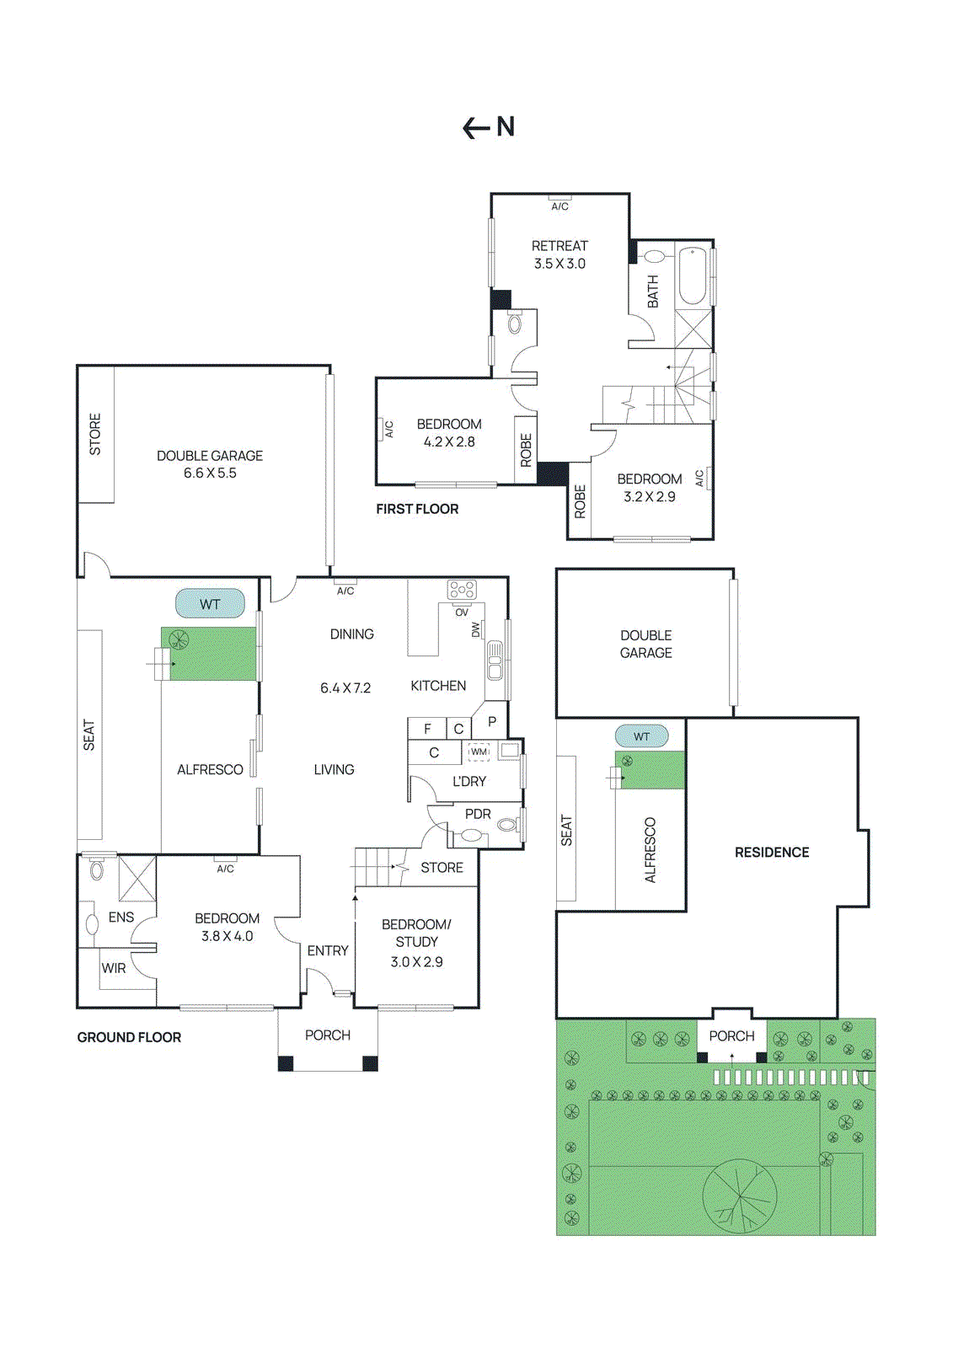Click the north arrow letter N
pyautogui.click(x=506, y=127)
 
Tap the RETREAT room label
pyautogui.click(x=559, y=246)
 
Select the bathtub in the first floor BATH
pyautogui.click(x=693, y=275)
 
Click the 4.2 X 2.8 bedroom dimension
pyautogui.click(x=449, y=441)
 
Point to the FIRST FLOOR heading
pyautogui.click(x=417, y=509)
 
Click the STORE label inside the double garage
pyautogui.click(x=95, y=435)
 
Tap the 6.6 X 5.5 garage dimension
pyautogui.click(x=210, y=473)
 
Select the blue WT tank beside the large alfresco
pyautogui.click(x=210, y=604)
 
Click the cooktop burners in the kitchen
pyautogui.click(x=462, y=590)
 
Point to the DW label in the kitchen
pyautogui.click(x=475, y=629)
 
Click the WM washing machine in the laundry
pyautogui.click(x=479, y=752)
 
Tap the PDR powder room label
pyautogui.click(x=478, y=814)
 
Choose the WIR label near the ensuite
pyautogui.click(x=114, y=968)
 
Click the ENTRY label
pyautogui.click(x=328, y=950)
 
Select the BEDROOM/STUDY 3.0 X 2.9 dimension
pyautogui.click(x=416, y=961)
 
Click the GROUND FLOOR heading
pyautogui.click(x=129, y=1037)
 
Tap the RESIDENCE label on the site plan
pyautogui.click(x=771, y=853)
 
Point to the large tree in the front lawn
pyautogui.click(x=740, y=1196)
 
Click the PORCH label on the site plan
pyautogui.click(x=731, y=1035)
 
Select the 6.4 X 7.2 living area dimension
pyautogui.click(x=345, y=688)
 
